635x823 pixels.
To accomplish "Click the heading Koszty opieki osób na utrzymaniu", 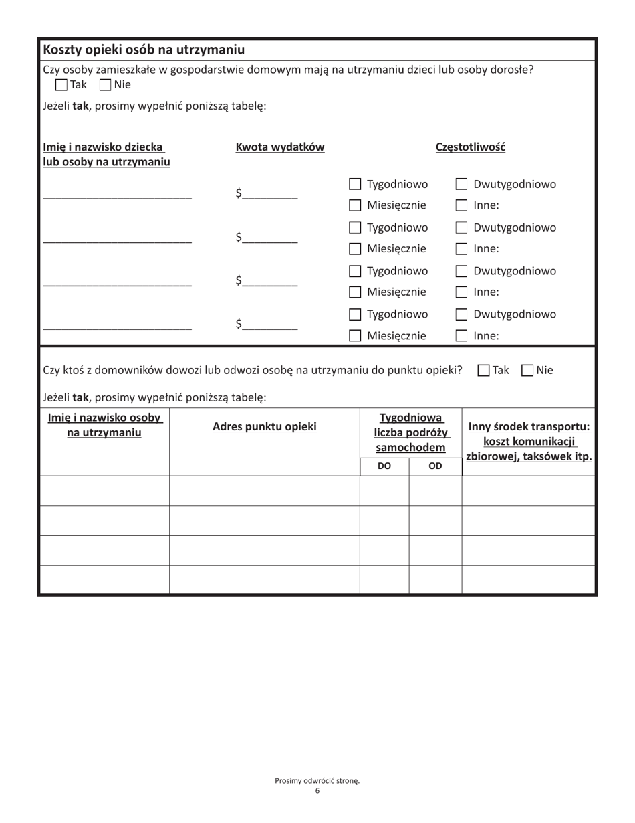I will tap(144, 50).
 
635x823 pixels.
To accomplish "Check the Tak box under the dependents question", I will tap(61, 85).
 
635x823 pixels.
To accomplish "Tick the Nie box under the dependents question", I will tap(105, 85).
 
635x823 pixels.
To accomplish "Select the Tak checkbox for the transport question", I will tap(485, 370).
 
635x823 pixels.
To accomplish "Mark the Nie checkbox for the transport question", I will tap(527, 370).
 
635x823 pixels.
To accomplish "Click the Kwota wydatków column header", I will tap(280, 147).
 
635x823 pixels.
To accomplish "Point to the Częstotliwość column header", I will tap(471, 147).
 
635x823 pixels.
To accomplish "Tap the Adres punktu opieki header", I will tap(264, 426).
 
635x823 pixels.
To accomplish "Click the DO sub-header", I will tap(384, 466).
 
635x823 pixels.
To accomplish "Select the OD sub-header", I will tap(435, 466).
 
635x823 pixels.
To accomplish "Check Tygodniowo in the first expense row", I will tap(356, 185).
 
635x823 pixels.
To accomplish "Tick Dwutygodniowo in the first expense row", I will tap(461, 185).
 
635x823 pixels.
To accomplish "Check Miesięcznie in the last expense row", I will tap(356, 336).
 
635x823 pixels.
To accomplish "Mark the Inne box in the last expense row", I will tap(461, 336).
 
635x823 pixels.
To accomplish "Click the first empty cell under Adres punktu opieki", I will tap(264, 490).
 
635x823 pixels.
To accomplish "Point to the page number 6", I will tap(317, 791).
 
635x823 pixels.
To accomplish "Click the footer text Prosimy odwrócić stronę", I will tap(317, 780).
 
